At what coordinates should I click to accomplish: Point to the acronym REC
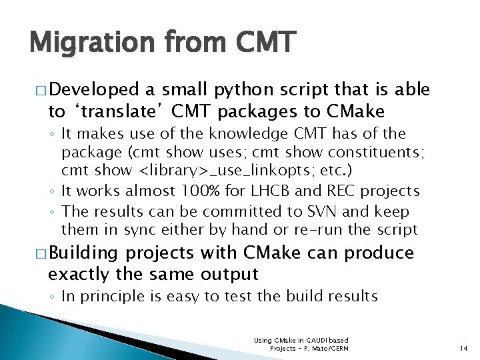[x=341, y=191]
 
